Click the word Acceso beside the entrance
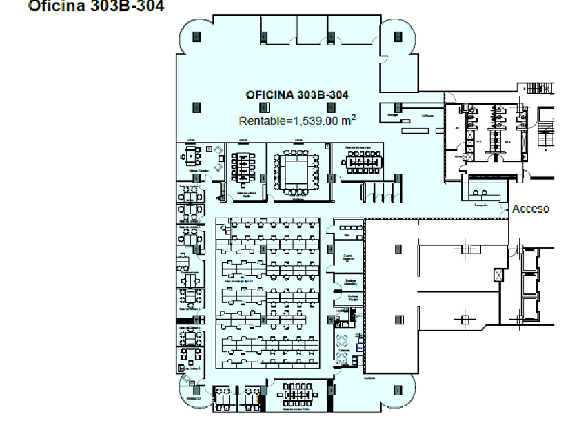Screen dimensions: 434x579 coord(530,209)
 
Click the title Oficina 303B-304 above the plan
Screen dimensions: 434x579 coord(96,6)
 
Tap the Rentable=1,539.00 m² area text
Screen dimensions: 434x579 coord(297,120)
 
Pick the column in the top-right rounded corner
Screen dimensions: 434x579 coord(398,37)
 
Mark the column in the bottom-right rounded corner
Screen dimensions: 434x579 coord(398,391)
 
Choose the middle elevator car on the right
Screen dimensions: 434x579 coord(531,284)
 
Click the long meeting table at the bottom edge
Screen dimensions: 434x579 coord(298,397)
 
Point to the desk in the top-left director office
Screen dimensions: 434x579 coord(189,156)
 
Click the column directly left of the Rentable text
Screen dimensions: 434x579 coord(196,107)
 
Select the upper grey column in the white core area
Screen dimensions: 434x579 coord(398,249)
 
